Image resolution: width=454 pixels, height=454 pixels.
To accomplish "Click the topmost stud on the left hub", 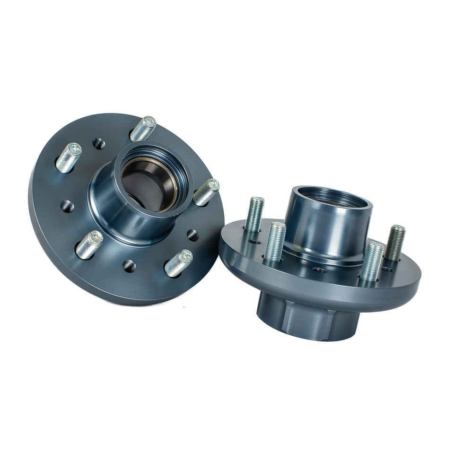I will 143,128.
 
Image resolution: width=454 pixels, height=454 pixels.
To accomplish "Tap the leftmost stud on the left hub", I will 69,157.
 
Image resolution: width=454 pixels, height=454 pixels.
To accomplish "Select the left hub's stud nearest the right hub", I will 206,192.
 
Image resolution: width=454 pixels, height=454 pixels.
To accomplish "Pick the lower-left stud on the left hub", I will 89,244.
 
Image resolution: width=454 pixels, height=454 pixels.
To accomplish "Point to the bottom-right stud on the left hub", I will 178,263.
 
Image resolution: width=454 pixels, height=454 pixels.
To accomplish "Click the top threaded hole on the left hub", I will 98,143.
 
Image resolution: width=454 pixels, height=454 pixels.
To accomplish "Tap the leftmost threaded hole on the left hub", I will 67,206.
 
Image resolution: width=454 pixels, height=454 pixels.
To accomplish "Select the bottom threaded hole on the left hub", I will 129,266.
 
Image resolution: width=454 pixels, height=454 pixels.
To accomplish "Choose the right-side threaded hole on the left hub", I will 192,235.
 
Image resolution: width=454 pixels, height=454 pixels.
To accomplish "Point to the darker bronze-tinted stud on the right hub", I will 394,243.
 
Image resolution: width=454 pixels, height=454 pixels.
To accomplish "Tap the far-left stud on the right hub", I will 254,214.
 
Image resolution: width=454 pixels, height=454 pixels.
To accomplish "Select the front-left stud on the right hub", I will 275,242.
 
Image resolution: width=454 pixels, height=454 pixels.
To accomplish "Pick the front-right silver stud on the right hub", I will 372,261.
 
